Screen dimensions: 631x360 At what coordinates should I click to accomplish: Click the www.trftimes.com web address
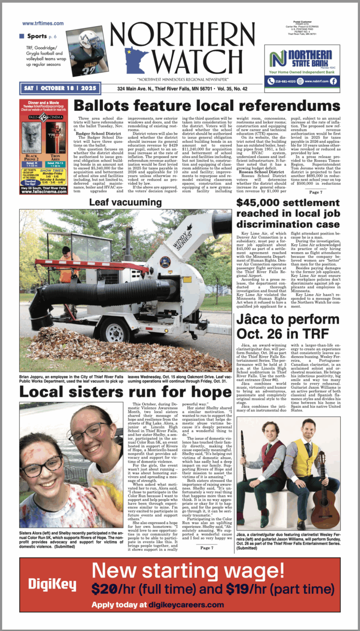click(43, 23)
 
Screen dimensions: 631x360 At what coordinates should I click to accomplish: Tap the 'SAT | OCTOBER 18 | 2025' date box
click(60, 89)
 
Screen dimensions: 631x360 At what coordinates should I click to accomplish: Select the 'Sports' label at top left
click(36, 36)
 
